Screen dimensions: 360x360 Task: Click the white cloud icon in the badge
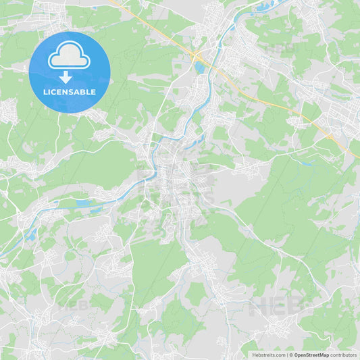point(69,55)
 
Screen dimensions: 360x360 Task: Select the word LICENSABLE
point(70,92)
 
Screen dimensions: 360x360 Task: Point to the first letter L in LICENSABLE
point(45,92)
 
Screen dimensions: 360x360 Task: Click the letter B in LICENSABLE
point(84,92)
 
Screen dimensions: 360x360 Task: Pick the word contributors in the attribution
point(344,355)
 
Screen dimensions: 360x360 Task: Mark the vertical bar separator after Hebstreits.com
point(288,355)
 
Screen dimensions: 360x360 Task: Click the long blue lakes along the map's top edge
point(263,9)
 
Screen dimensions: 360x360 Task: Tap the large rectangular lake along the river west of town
point(84,203)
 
